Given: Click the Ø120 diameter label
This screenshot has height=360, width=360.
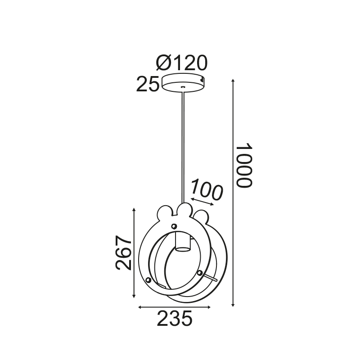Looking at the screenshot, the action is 182,63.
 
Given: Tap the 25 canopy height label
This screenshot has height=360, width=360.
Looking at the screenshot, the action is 148,84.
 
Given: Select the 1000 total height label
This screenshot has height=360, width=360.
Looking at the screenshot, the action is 244,165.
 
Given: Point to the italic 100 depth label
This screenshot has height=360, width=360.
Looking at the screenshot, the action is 207,189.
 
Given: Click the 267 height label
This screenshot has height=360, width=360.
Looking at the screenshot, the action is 123,252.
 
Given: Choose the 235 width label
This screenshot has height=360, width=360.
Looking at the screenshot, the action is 175,319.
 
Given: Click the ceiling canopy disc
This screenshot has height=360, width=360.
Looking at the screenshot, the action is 183,83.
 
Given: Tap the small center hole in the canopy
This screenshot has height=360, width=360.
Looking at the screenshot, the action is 183,87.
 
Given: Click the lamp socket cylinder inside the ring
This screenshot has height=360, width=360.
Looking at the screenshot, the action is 182,241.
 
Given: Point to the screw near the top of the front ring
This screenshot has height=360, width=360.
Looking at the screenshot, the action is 174,226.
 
